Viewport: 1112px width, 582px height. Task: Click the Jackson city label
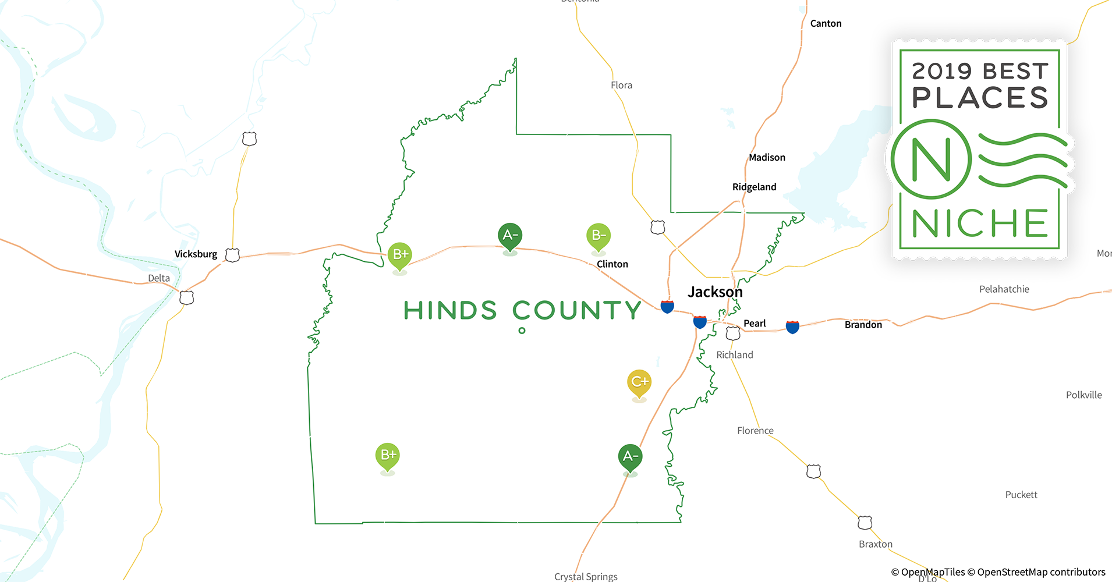pyautogui.click(x=715, y=292)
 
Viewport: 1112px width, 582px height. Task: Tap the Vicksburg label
pyautogui.click(x=196, y=254)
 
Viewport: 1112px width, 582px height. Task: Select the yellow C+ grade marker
pyautogui.click(x=639, y=382)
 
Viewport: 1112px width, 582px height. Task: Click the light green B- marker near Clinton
pyautogui.click(x=598, y=236)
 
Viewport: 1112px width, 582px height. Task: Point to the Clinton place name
pyautogui.click(x=612, y=264)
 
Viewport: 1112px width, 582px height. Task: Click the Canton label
pyautogui.click(x=826, y=23)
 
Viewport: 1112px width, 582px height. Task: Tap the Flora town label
pyautogui.click(x=621, y=85)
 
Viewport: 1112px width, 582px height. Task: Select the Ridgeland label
pyautogui.click(x=754, y=187)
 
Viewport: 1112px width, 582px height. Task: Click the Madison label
pyautogui.click(x=767, y=157)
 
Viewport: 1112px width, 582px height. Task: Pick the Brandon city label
pyautogui.click(x=863, y=325)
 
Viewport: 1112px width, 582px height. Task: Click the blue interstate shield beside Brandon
pyautogui.click(x=792, y=327)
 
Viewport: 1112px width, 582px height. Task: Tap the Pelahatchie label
pyautogui.click(x=1004, y=289)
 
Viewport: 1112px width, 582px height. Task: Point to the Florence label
pyautogui.click(x=755, y=431)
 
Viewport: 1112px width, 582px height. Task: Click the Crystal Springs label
pyautogui.click(x=586, y=576)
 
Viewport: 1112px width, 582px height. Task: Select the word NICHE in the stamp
pyautogui.click(x=980, y=223)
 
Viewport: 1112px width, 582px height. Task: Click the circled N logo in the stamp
pyautogui.click(x=931, y=159)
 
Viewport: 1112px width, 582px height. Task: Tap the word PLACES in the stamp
pyautogui.click(x=980, y=98)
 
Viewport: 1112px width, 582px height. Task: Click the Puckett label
pyautogui.click(x=1021, y=495)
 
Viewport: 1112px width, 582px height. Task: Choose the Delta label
pyautogui.click(x=159, y=278)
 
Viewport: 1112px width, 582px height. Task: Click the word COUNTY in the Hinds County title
pyautogui.click(x=576, y=311)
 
